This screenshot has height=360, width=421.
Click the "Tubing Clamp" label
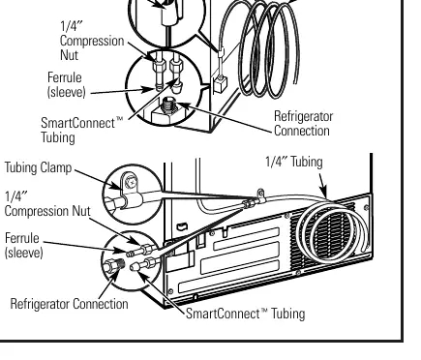coord(38,168)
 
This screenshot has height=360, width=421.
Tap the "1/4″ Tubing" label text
coord(294,162)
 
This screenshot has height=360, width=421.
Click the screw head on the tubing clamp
coord(132,183)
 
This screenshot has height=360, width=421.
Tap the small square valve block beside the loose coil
coord(220,83)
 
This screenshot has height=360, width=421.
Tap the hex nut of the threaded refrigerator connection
coord(109,266)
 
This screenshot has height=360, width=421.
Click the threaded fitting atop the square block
coord(167,105)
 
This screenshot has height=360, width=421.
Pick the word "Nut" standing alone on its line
coord(69,55)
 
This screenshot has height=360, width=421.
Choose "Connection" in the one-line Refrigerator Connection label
coord(101,304)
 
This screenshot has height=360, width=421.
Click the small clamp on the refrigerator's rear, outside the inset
coord(260,195)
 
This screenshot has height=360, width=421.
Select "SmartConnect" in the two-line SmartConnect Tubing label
coord(78,123)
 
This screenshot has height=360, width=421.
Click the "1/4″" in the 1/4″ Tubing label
coord(274,162)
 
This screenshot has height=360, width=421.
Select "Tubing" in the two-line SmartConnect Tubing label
coord(58,137)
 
